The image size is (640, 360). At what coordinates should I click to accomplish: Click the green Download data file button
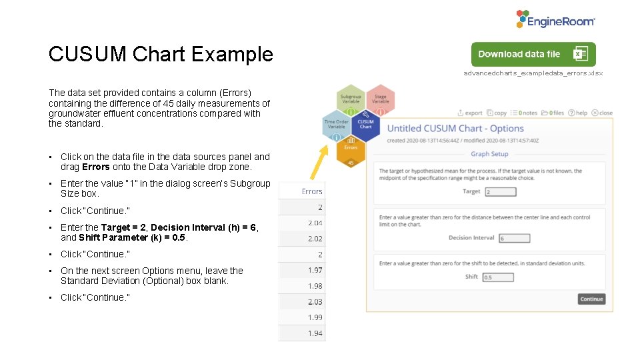533,54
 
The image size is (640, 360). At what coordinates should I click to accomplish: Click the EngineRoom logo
555,19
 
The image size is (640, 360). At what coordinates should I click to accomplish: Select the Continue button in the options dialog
591,299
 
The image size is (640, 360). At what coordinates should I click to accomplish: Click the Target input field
501,192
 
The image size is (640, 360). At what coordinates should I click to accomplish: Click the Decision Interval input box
514,238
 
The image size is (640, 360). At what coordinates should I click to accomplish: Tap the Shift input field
497,277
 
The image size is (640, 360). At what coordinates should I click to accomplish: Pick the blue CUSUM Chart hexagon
365,125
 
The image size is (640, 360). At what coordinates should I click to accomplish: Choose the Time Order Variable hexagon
337,125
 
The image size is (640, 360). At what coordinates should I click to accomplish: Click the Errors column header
311,191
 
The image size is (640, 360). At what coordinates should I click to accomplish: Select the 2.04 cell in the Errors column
314,223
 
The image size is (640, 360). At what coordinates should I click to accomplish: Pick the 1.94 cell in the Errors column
314,333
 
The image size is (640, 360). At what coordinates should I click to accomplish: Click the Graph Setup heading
489,154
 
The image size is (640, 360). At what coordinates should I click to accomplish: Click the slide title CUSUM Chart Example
161,54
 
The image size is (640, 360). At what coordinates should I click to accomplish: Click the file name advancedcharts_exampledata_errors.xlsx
533,73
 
